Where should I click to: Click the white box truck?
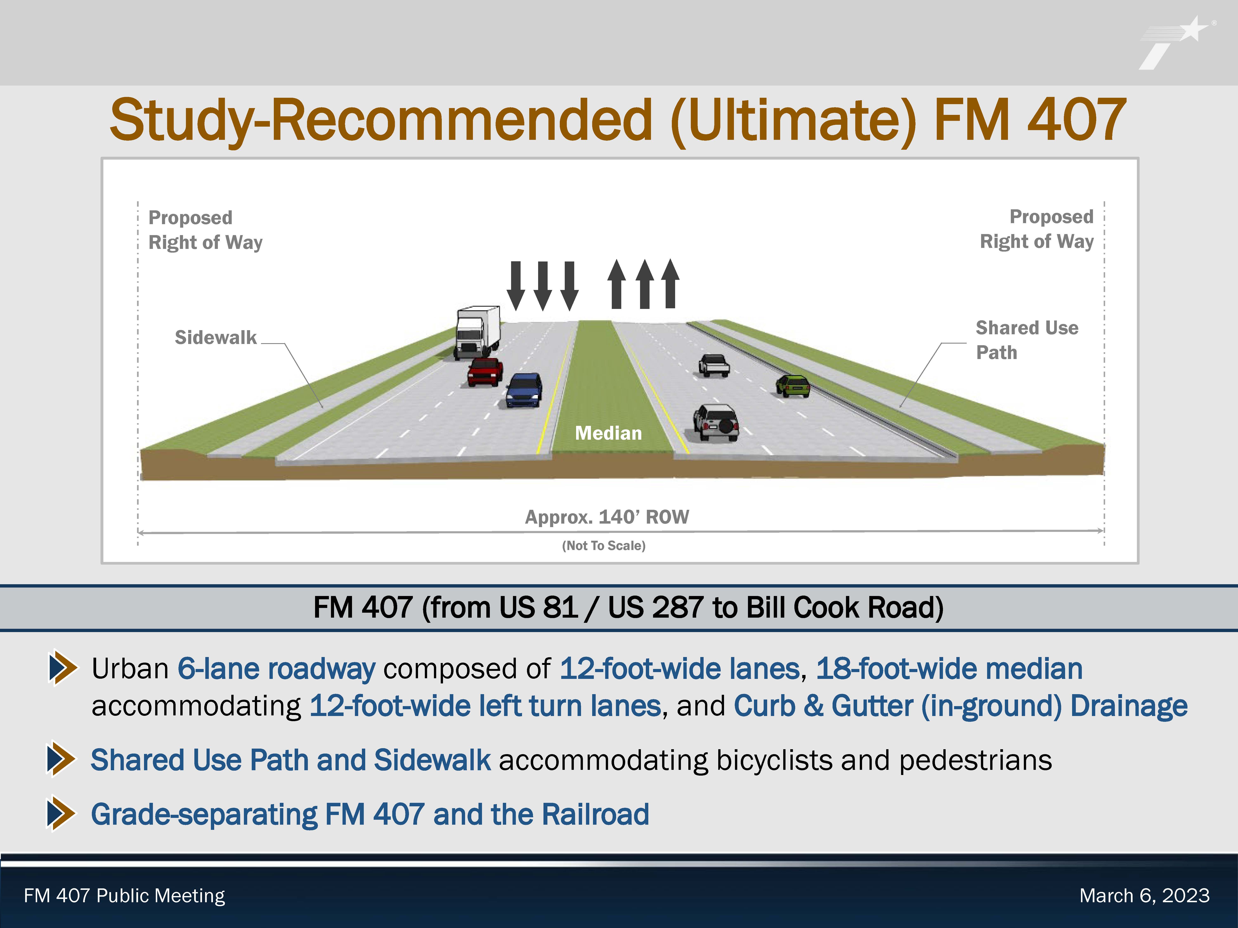point(477,332)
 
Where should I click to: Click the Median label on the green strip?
point(608,433)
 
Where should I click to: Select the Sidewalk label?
point(215,337)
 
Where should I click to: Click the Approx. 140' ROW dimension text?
point(607,517)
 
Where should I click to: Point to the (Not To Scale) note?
point(603,545)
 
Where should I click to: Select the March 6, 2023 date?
point(1145,896)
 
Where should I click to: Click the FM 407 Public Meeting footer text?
point(124,896)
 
